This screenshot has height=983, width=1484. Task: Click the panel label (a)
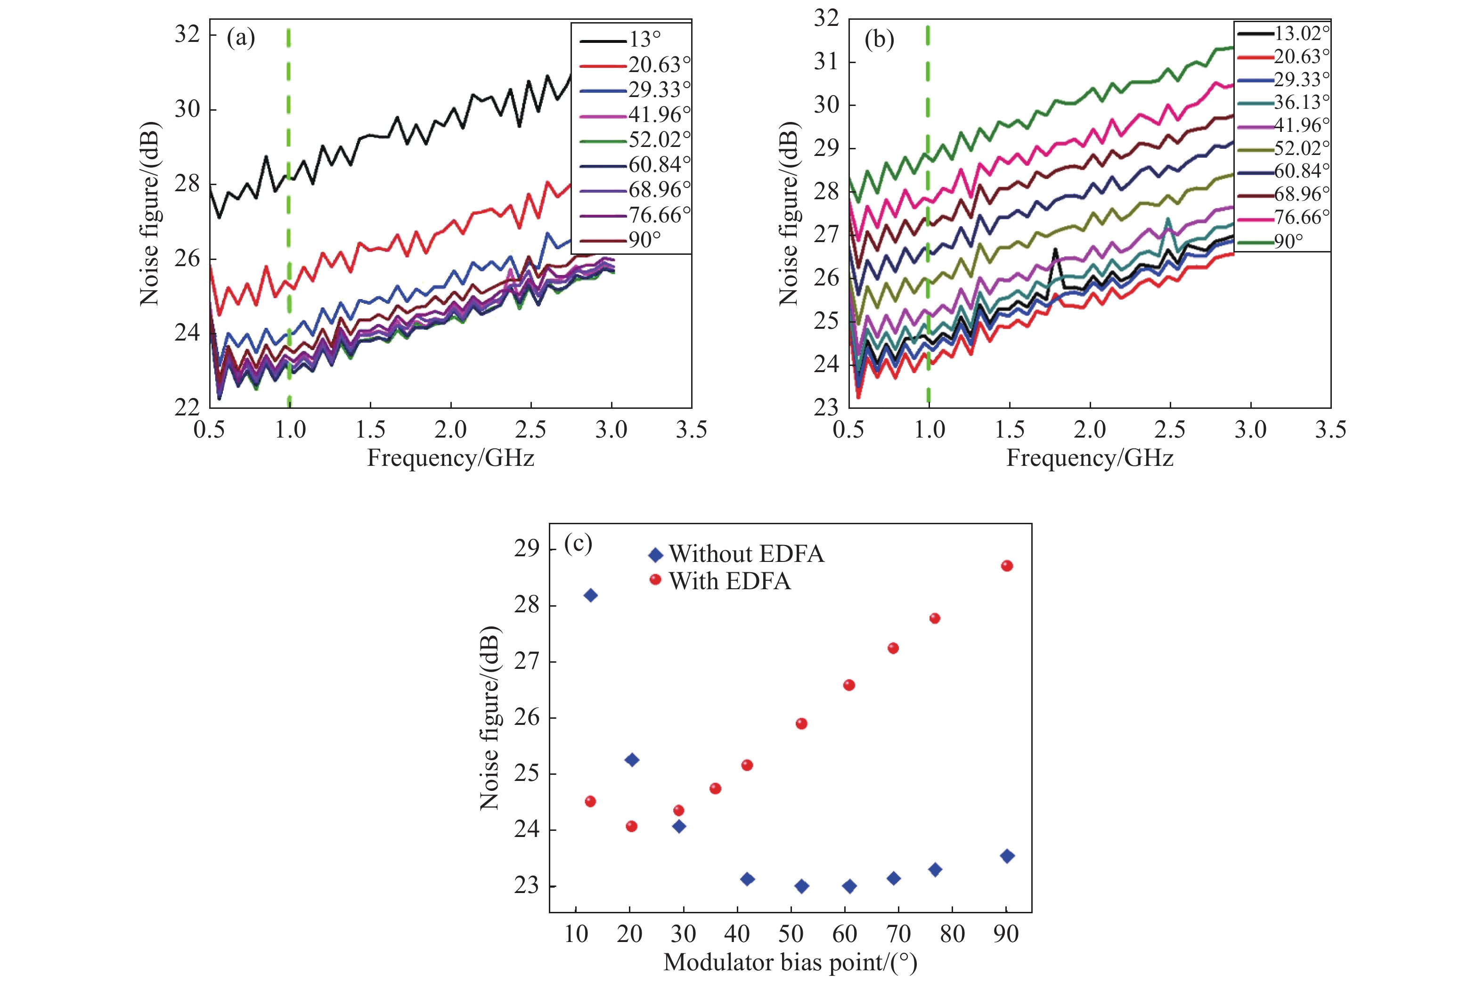tap(241, 39)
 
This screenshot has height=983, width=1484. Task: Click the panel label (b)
tap(879, 40)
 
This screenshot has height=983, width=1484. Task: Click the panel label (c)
tap(578, 544)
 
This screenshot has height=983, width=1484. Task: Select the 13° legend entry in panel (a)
tap(644, 40)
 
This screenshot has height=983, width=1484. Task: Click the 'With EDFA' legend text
tap(730, 581)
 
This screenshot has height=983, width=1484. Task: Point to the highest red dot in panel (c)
tap(1007, 566)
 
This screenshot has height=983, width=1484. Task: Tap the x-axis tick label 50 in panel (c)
tap(791, 934)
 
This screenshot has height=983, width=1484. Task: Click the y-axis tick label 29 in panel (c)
tap(527, 549)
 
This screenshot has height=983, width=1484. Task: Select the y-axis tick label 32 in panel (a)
tap(187, 34)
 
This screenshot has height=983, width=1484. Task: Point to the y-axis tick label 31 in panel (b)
tap(826, 61)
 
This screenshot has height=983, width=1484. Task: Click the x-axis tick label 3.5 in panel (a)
tap(691, 430)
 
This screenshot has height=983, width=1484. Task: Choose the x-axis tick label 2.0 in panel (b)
tap(1090, 430)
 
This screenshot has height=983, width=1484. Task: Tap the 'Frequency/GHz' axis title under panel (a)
tap(450, 458)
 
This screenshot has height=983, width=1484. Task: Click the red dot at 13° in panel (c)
tap(590, 801)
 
